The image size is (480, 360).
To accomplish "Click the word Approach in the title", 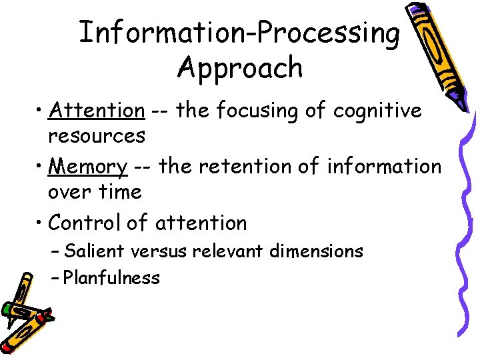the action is pos(240,68).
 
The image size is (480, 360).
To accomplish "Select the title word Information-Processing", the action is pos(240,33).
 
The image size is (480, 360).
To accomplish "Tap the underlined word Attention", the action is pos(97,110).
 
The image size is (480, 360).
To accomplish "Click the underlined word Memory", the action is pos(88,166).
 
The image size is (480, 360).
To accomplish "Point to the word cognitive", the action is pos(377,111).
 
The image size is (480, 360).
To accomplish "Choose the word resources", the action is pos(97,136).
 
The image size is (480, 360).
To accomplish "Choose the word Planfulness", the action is pos(112,277).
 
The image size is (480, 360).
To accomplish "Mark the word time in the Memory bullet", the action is pos(120,192).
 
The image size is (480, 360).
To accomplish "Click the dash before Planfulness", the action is pos(55,277).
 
